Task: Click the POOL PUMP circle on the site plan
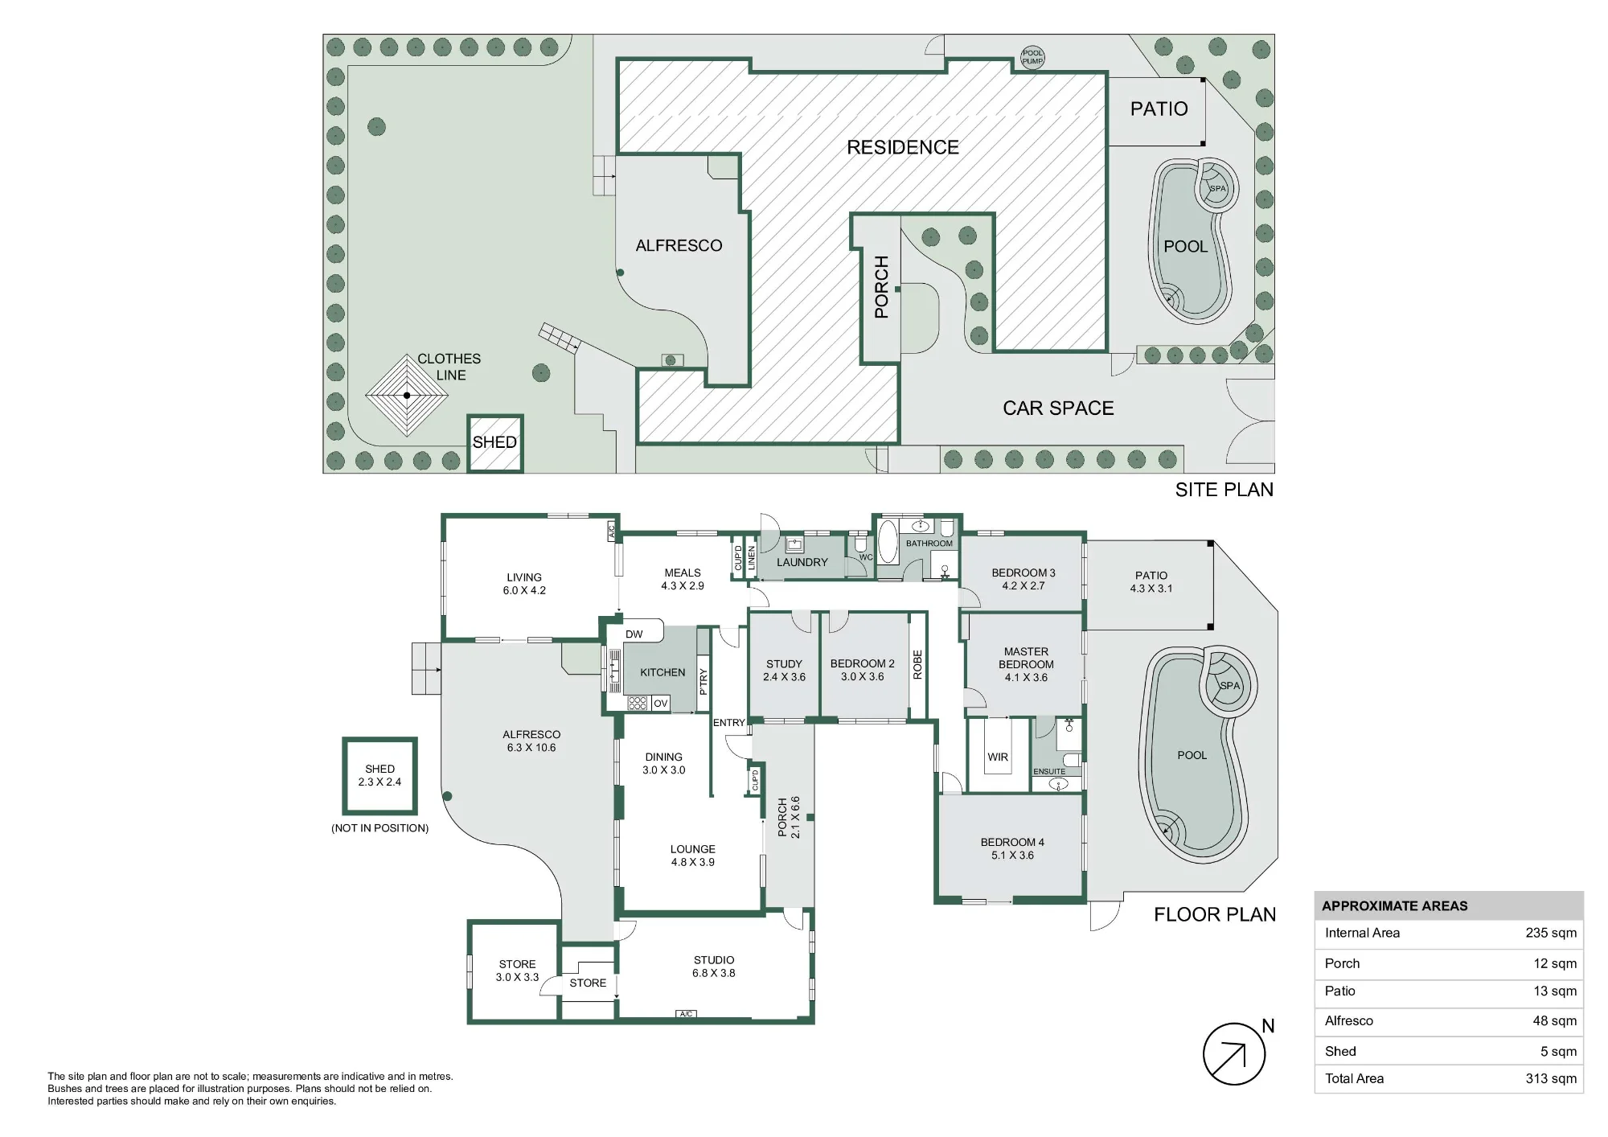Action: click(1032, 57)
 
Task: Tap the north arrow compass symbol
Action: click(1233, 1053)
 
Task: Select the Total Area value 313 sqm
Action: click(1551, 1078)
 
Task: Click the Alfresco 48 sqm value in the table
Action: click(1554, 1020)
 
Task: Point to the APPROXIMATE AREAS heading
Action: click(1394, 905)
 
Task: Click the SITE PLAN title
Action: click(1224, 490)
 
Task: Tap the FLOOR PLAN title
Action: click(1215, 914)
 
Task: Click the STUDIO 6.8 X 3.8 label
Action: click(714, 967)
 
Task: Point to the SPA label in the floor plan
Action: click(1229, 686)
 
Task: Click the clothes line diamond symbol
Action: click(407, 395)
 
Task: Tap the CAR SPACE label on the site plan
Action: click(1058, 408)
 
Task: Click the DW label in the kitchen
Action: click(634, 634)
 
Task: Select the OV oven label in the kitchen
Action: click(661, 704)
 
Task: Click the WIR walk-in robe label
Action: click(998, 757)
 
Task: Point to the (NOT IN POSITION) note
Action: click(379, 828)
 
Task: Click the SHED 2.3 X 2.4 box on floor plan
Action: click(379, 775)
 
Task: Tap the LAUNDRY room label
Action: click(802, 562)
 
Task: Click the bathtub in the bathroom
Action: click(887, 542)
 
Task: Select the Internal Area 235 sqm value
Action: click(1551, 933)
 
